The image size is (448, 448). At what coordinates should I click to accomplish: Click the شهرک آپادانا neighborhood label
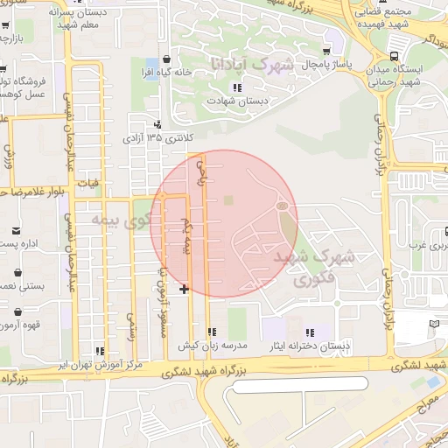pos(236,66)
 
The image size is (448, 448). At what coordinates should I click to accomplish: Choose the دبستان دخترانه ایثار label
pos(316,346)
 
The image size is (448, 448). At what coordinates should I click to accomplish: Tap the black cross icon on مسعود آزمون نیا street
pos(184,289)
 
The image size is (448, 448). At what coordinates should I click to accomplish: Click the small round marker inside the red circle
pos(282,206)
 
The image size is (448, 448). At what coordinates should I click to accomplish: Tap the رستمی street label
pos(133,325)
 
